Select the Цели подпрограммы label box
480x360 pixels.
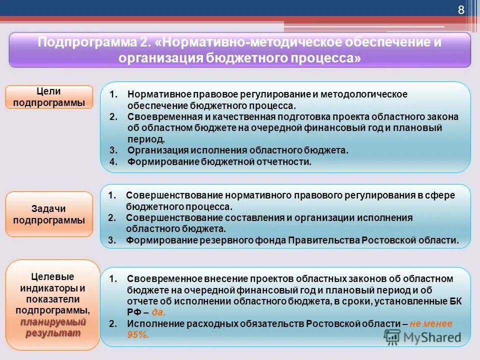[49, 97]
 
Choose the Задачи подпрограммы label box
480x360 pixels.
[49, 214]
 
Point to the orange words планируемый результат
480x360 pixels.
[53, 327]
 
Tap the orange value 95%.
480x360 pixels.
[138, 335]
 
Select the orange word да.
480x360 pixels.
[158, 312]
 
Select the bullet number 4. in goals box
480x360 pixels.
[113, 161]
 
